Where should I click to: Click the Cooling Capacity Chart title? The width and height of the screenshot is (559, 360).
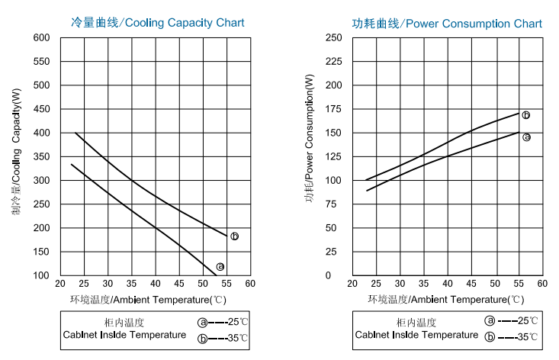[158, 23]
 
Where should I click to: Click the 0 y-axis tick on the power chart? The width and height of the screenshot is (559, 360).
[339, 275]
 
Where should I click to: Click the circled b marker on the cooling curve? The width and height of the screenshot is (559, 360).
[234, 236]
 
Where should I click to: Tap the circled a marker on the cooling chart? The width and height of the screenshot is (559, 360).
[220, 267]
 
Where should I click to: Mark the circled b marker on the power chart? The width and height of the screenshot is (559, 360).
[526, 115]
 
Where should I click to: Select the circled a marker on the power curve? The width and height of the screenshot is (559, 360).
[526, 137]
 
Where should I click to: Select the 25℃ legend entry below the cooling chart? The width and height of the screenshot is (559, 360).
[221, 322]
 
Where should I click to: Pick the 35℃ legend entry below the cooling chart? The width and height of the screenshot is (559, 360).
[221, 337]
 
